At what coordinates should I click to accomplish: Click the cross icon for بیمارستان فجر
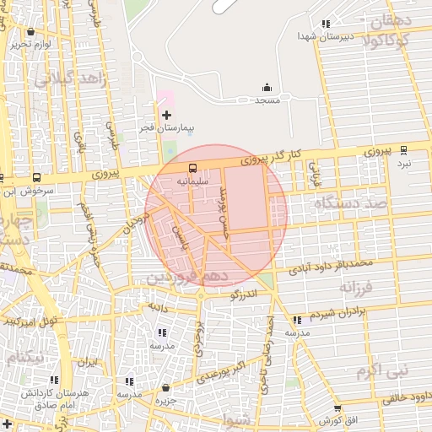coord(166,114)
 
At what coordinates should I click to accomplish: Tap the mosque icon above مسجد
coord(267,87)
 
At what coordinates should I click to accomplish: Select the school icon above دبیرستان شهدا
coord(325,24)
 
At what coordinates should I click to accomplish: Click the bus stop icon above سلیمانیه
coord(193,168)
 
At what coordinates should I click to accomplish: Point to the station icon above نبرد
coord(403,149)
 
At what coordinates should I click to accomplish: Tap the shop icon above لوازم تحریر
coord(31,31)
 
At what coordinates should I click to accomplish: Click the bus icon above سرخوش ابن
coord(36,178)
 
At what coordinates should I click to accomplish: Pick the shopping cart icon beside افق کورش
coord(347,419)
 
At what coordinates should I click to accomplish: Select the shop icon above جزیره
coord(165,388)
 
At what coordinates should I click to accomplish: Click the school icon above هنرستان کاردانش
coord(56,381)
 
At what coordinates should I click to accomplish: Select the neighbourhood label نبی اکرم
coord(381,370)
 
